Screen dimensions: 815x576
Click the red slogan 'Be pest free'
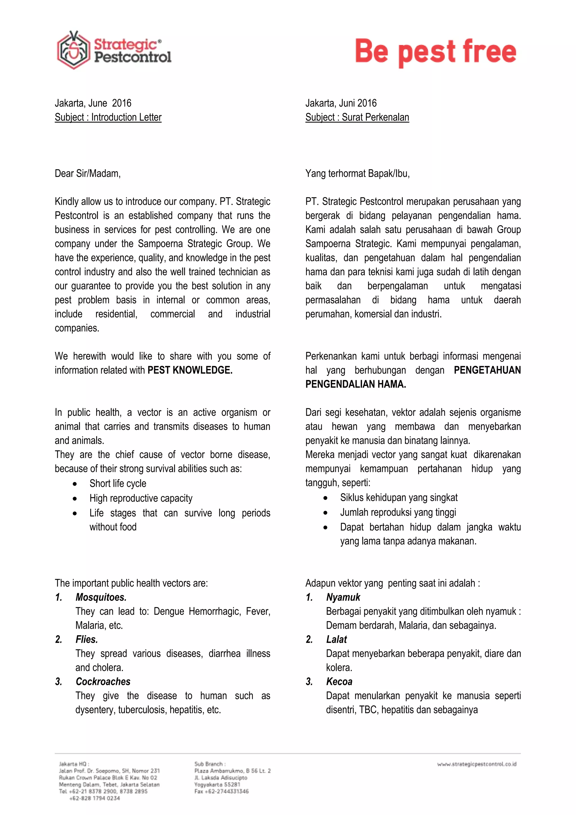pos(436,52)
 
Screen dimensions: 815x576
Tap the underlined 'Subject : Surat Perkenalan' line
pos(357,117)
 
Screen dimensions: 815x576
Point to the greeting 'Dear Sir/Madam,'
pos(87,174)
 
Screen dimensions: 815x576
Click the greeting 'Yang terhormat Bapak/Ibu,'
pos(357,174)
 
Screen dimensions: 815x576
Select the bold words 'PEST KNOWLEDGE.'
pos(190,370)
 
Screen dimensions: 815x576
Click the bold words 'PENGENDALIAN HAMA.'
pos(355,384)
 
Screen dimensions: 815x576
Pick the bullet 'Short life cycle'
pos(118,483)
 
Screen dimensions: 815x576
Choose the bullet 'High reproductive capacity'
pos(141,498)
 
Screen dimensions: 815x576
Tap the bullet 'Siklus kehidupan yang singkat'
pos(399,498)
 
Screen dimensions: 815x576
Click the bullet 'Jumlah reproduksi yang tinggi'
pos(398,512)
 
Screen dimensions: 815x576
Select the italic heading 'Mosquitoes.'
pos(101,597)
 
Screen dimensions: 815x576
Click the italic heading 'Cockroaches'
pos(103,682)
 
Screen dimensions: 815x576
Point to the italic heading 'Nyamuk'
pos(343,597)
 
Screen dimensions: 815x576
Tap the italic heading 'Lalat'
pos(336,640)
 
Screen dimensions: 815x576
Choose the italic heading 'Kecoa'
pos(339,682)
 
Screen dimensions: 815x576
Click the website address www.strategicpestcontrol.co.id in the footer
pos(476,764)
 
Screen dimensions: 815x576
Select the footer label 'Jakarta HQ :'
pos(74,763)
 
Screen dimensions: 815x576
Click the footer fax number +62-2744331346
pos(222,791)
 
